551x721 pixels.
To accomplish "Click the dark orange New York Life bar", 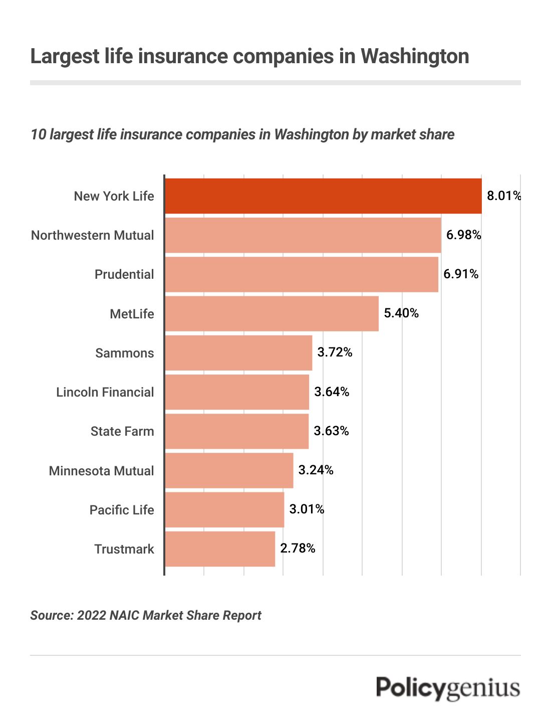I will pos(323,196).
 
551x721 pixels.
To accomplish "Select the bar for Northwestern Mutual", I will pos(303,235).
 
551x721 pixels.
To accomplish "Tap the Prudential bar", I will pos(302,274).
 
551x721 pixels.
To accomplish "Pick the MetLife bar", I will pos(271,313).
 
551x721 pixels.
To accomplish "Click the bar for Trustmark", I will pos(220,549).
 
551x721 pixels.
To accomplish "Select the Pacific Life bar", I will pos(224,510).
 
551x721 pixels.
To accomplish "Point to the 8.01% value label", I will pos(503,196).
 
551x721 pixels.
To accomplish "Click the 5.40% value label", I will pos(401,313).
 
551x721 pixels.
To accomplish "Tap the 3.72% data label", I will pos(335,352).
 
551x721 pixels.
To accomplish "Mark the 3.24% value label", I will pos(316,470).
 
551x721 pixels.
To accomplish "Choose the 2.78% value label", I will pos(298,548).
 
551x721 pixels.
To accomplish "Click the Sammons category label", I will pos(125,353).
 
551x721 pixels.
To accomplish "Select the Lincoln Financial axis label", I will pos(105,392).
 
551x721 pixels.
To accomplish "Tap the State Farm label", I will pos(122,431).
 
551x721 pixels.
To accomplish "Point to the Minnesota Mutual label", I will pos(101,471).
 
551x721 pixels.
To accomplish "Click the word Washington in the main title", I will pos(415,56).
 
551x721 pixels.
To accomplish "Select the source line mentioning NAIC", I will pos(146,615).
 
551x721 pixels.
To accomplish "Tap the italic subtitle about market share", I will pos(242,134).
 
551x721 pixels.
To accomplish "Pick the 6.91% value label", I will pos(461,274).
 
